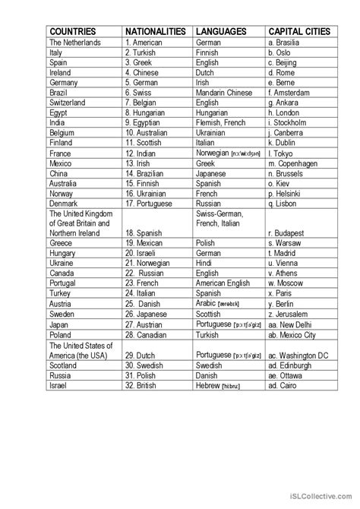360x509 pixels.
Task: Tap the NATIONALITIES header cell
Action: click(155, 31)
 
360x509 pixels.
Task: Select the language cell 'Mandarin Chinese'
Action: click(225, 90)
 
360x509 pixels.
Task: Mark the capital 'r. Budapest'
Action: click(289, 232)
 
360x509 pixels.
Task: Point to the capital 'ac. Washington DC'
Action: click(302, 354)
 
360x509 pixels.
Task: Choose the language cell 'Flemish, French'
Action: click(223, 122)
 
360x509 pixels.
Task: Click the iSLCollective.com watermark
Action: click(314, 498)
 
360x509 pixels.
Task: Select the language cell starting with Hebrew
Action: click(223, 386)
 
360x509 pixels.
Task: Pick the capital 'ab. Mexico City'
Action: click(298, 334)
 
